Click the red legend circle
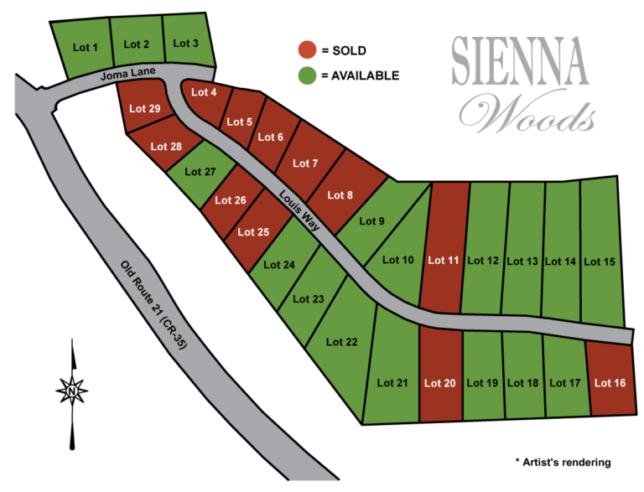point(308,49)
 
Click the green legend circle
point(308,75)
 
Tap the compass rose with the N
point(73,390)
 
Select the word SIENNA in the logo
point(519,62)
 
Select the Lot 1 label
point(86,48)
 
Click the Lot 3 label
point(185,43)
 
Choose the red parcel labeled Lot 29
point(145,109)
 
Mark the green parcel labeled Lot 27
point(200,172)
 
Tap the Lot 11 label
point(443,261)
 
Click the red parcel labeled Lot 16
point(610,383)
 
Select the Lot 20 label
point(439,383)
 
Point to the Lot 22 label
point(341,342)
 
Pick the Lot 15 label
point(600,262)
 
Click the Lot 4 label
point(204,92)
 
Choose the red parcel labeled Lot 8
point(340,195)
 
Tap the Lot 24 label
point(279,265)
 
